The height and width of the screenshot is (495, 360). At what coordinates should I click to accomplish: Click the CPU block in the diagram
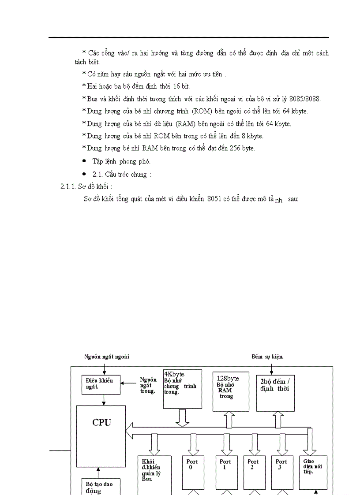click(x=101, y=436)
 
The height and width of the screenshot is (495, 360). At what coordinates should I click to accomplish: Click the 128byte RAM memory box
click(x=230, y=391)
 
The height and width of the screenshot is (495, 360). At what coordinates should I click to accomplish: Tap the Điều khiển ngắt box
click(x=101, y=384)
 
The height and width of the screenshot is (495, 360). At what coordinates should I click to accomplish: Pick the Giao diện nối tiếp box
click(x=313, y=472)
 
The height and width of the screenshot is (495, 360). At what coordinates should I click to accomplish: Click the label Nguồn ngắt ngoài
click(x=107, y=356)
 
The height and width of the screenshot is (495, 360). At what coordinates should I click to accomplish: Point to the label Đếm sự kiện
click(x=267, y=356)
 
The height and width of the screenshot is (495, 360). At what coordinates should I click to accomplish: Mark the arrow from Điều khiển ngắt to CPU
click(x=104, y=400)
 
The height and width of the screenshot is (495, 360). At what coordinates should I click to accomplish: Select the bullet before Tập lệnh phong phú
click(x=84, y=161)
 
